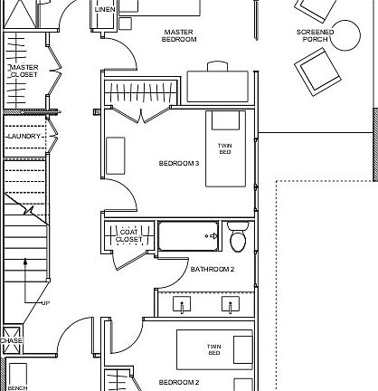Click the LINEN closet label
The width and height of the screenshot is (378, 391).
point(105,9)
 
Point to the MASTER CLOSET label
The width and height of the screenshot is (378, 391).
point(23,72)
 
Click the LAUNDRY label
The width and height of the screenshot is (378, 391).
point(22,136)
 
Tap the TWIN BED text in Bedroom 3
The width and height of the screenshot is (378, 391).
point(225,150)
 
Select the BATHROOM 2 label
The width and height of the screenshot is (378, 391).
point(213,269)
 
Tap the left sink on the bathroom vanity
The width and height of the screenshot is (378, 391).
point(184,306)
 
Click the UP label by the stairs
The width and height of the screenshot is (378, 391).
point(43,302)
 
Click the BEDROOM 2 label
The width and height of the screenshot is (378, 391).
point(179,383)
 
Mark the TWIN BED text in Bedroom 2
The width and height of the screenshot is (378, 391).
point(215,350)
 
